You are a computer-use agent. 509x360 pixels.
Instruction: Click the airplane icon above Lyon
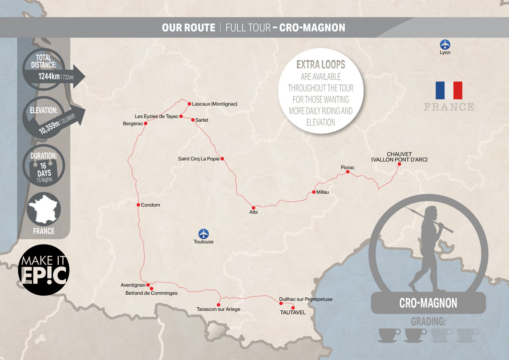pyautogui.click(x=445, y=44)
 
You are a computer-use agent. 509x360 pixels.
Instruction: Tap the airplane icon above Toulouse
pyautogui.click(x=203, y=234)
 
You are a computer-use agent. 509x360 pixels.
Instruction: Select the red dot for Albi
pyautogui.click(x=254, y=208)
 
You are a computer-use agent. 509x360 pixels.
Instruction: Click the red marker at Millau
pyautogui.click(x=314, y=192)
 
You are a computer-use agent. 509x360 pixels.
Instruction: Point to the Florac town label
pyautogui.click(x=348, y=168)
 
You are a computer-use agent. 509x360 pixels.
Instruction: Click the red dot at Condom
pyautogui.click(x=138, y=205)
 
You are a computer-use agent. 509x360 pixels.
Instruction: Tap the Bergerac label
pyautogui.click(x=133, y=124)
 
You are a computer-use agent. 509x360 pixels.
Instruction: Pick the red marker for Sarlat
pyautogui.click(x=193, y=120)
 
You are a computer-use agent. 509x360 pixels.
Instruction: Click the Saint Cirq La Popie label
pyautogui.click(x=198, y=159)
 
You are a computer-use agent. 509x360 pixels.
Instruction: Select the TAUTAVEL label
pyautogui.click(x=293, y=313)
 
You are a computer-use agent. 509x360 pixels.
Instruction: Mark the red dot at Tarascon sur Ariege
pyautogui.click(x=218, y=305)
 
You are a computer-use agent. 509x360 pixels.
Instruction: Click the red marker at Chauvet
pyautogui.click(x=399, y=164)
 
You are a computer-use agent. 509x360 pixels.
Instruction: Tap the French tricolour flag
pyautogui.click(x=449, y=90)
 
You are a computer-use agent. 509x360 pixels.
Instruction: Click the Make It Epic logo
pyautogui.click(x=43, y=270)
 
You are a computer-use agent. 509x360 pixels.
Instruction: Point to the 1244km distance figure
pyautogui.click(x=49, y=77)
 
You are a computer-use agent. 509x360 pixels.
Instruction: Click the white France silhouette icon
pyautogui.click(x=43, y=210)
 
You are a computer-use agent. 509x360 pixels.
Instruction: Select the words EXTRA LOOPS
pyautogui.click(x=320, y=64)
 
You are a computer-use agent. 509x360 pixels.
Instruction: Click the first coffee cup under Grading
pyautogui.click(x=389, y=335)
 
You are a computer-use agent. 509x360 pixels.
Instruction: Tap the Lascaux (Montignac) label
pyautogui.click(x=214, y=104)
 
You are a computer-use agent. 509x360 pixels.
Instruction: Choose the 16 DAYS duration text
pyautogui.click(x=44, y=169)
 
